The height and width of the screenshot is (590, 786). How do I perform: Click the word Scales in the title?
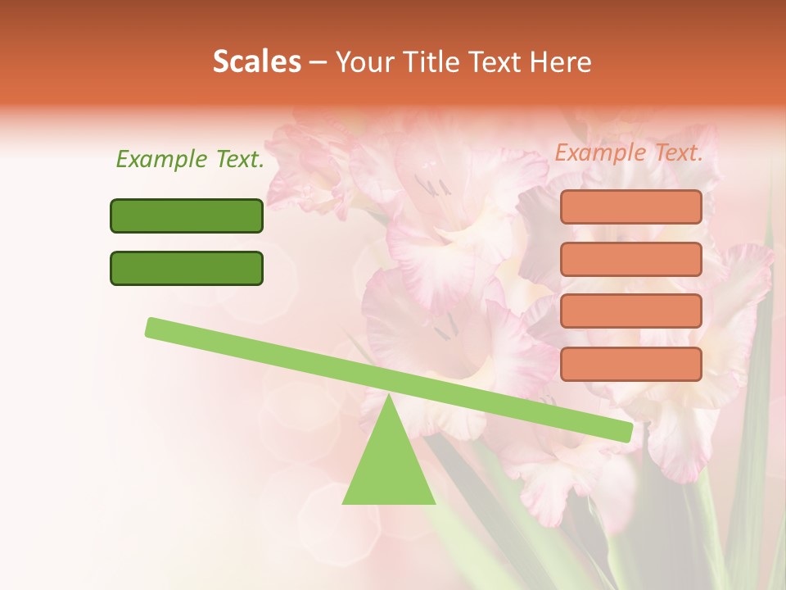tap(256, 62)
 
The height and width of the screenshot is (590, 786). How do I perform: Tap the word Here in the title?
tap(561, 62)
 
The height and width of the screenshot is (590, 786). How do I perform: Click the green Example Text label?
tap(190, 160)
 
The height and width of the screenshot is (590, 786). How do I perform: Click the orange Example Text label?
tap(629, 153)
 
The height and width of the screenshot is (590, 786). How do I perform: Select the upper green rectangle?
tap(187, 216)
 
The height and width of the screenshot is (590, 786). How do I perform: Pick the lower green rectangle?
tap(187, 268)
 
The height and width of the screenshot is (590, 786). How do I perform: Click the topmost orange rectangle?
tap(630, 206)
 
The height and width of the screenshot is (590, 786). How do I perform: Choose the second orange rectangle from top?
tap(630, 259)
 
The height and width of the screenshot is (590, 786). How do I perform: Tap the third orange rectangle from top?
tap(630, 311)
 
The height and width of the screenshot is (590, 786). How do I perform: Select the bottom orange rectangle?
tap(630, 364)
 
